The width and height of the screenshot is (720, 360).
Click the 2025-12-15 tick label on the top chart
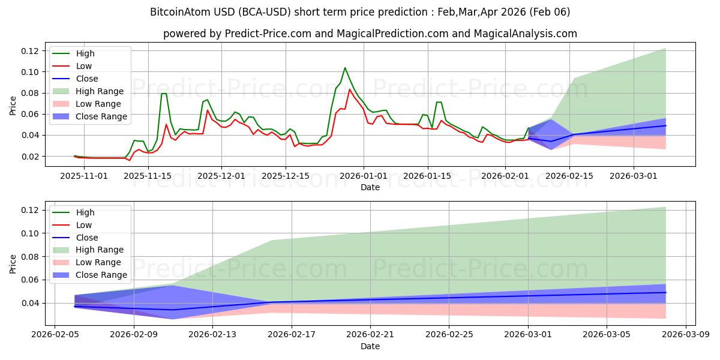tap(285, 176)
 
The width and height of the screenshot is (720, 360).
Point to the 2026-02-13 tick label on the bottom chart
tap(212, 335)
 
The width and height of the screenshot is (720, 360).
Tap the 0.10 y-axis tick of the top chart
tap(31, 72)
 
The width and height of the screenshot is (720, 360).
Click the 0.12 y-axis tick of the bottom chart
tap(31, 210)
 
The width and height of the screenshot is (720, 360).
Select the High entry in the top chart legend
tap(85, 53)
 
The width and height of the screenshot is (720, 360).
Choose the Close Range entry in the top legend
tap(101, 116)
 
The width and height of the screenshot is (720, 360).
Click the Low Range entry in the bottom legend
tap(98, 262)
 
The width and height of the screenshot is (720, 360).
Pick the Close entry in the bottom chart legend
tap(87, 237)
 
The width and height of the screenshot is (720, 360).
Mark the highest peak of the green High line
tap(345, 68)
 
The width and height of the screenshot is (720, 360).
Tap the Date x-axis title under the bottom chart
tap(370, 346)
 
